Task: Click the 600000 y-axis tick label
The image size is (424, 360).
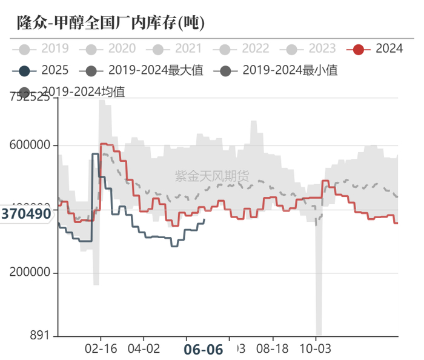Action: pos(30,145)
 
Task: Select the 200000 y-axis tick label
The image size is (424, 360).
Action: pos(30,273)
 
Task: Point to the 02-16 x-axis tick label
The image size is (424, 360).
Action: pos(100,350)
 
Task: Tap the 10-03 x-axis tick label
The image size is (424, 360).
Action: pos(316,350)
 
